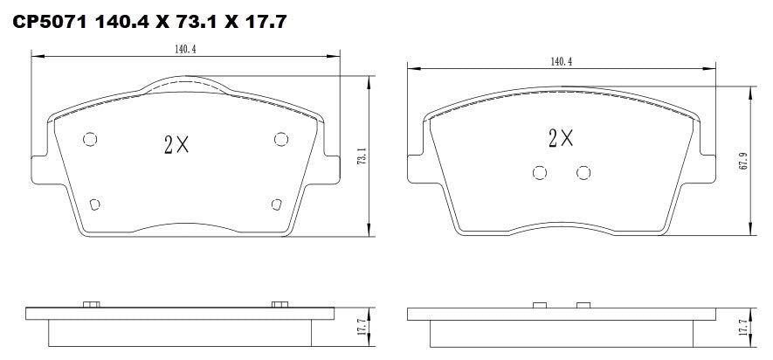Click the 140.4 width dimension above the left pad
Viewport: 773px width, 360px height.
[x=184, y=50]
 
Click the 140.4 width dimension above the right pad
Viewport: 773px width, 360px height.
[x=562, y=62]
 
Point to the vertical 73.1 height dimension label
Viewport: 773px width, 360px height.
[x=362, y=158]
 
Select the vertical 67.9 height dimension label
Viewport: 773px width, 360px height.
[x=742, y=162]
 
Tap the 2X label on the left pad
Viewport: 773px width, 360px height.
[x=176, y=146]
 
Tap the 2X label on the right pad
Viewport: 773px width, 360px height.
[x=561, y=137]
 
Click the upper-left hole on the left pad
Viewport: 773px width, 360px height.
[x=89, y=139]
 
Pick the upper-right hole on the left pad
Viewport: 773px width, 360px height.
[x=280, y=139]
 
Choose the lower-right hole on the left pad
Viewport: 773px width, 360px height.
[x=276, y=204]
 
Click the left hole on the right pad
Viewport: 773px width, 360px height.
[x=540, y=172]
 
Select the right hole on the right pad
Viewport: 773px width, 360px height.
[x=583, y=172]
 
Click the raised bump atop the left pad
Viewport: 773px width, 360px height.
[x=184, y=84]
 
